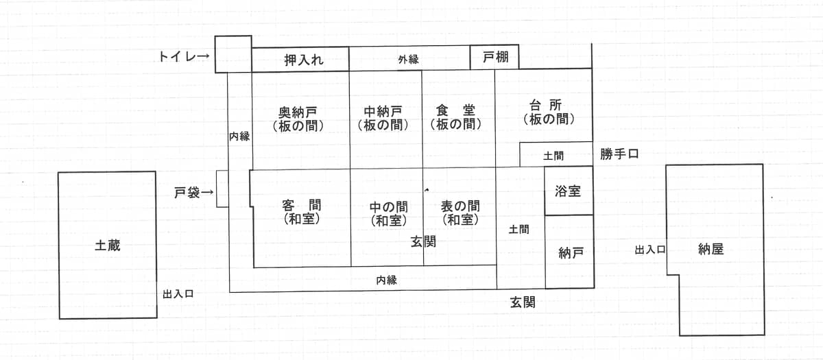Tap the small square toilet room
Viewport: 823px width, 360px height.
pyautogui.click(x=233, y=54)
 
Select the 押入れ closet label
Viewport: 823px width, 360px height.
pyautogui.click(x=304, y=60)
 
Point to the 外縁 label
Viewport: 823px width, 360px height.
pyautogui.click(x=408, y=59)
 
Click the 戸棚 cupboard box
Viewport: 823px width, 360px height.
pyautogui.click(x=494, y=57)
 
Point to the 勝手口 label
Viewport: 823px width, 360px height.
pyautogui.click(x=619, y=154)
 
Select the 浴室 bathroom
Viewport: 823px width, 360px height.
pyautogui.click(x=569, y=191)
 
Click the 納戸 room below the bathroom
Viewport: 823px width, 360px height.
pyautogui.click(x=569, y=252)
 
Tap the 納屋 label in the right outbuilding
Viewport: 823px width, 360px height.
pyautogui.click(x=711, y=250)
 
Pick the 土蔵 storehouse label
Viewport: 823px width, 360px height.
pyautogui.click(x=108, y=245)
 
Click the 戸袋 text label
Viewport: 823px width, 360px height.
pyautogui.click(x=187, y=193)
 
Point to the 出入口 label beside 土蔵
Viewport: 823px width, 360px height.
pyautogui.click(x=178, y=294)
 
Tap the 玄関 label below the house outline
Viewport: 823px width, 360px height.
pyautogui.click(x=523, y=302)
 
